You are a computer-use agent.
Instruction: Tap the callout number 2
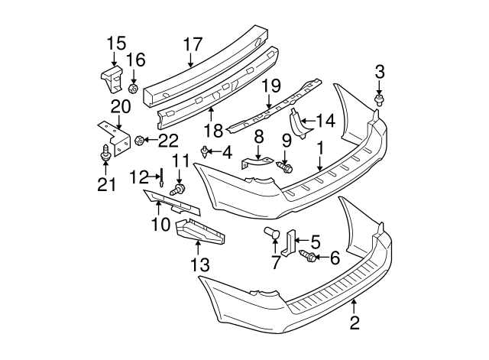point(354,323)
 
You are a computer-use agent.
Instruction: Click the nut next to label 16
point(133,89)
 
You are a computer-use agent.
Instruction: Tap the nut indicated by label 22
point(140,140)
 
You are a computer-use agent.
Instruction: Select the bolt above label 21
point(103,157)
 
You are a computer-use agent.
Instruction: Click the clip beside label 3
point(379,100)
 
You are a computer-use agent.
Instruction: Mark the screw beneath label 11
point(181,188)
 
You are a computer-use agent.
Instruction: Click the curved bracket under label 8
point(257,163)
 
